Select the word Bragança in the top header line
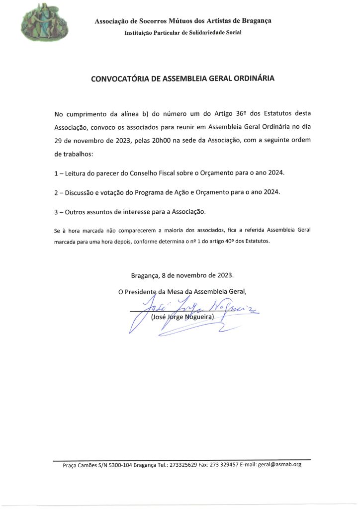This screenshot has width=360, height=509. pyautogui.click(x=257, y=20)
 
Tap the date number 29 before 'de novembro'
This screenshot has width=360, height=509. pyautogui.click(x=59, y=140)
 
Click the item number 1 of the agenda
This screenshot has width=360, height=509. pyautogui.click(x=56, y=173)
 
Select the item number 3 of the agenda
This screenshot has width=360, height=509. pyautogui.click(x=56, y=212)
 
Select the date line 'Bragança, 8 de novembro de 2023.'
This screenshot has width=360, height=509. pyautogui.click(x=182, y=275)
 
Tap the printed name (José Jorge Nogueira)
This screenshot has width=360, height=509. pyautogui.click(x=182, y=317)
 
